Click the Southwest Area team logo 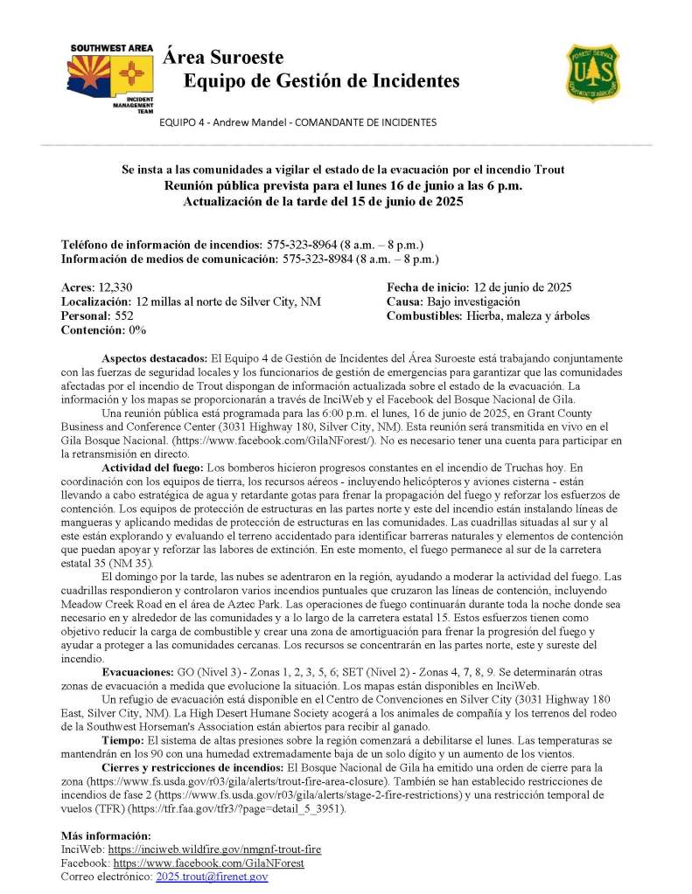tap(111, 77)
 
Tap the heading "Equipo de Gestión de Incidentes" tap(321, 81)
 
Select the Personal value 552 tap(123, 315)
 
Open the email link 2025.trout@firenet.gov tap(212, 876)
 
